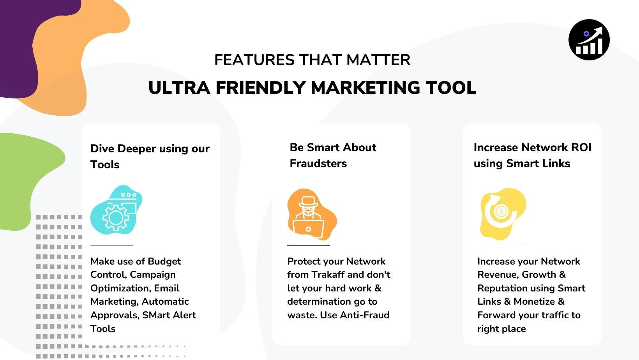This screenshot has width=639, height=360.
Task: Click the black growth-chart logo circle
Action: click(x=589, y=40)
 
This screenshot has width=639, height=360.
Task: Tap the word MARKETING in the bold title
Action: click(x=365, y=88)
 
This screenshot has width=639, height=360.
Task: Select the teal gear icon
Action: click(x=116, y=210)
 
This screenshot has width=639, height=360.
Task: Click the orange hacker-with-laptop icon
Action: click(x=312, y=214)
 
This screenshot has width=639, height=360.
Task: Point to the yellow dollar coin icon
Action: click(x=503, y=214)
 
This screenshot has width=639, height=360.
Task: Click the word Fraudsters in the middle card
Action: click(x=318, y=164)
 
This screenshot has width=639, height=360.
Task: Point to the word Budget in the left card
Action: click(x=164, y=261)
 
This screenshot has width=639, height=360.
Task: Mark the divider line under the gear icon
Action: click(x=111, y=245)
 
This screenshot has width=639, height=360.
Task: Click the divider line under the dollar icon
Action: click(x=502, y=245)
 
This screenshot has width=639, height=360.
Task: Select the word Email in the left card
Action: click(x=167, y=288)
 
